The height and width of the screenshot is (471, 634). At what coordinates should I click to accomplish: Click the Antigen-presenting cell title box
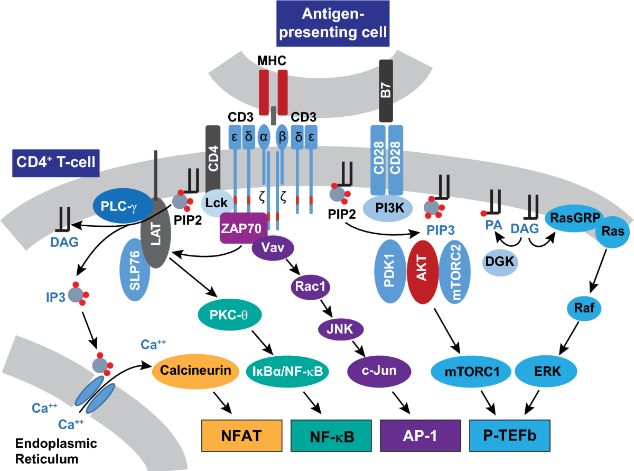tap(332, 24)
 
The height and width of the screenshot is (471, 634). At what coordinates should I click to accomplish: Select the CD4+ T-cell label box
tap(55, 161)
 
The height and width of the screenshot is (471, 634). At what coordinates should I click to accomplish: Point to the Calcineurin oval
tap(193, 371)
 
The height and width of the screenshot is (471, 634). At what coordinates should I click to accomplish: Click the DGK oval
tap(499, 262)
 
